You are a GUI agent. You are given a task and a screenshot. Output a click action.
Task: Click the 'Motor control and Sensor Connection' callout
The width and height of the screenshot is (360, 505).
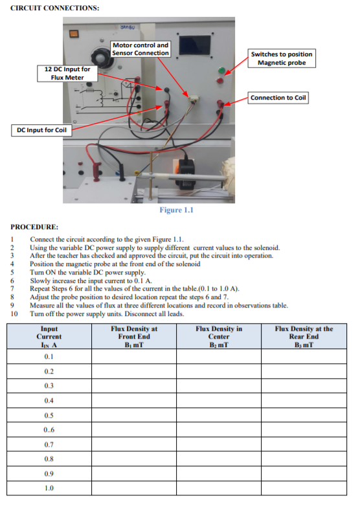coord(141,49)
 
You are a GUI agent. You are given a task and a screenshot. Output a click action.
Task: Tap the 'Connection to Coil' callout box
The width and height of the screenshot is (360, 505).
coord(278,97)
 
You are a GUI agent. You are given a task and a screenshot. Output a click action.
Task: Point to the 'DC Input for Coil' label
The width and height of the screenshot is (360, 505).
coord(41,130)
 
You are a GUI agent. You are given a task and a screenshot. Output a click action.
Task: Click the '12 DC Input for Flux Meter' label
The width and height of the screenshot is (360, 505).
coord(67,73)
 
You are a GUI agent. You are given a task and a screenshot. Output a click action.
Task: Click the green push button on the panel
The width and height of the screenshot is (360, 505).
coord(221,70)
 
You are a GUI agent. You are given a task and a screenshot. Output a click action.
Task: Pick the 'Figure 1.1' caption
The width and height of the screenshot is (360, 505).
coord(177,210)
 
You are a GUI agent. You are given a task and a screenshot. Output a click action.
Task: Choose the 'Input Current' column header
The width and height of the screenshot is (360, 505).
coord(49,336)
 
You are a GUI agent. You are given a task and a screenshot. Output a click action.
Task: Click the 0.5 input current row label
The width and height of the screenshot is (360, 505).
coord(49,415)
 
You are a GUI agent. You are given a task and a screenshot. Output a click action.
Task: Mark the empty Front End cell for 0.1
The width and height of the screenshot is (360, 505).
coord(134,357)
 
